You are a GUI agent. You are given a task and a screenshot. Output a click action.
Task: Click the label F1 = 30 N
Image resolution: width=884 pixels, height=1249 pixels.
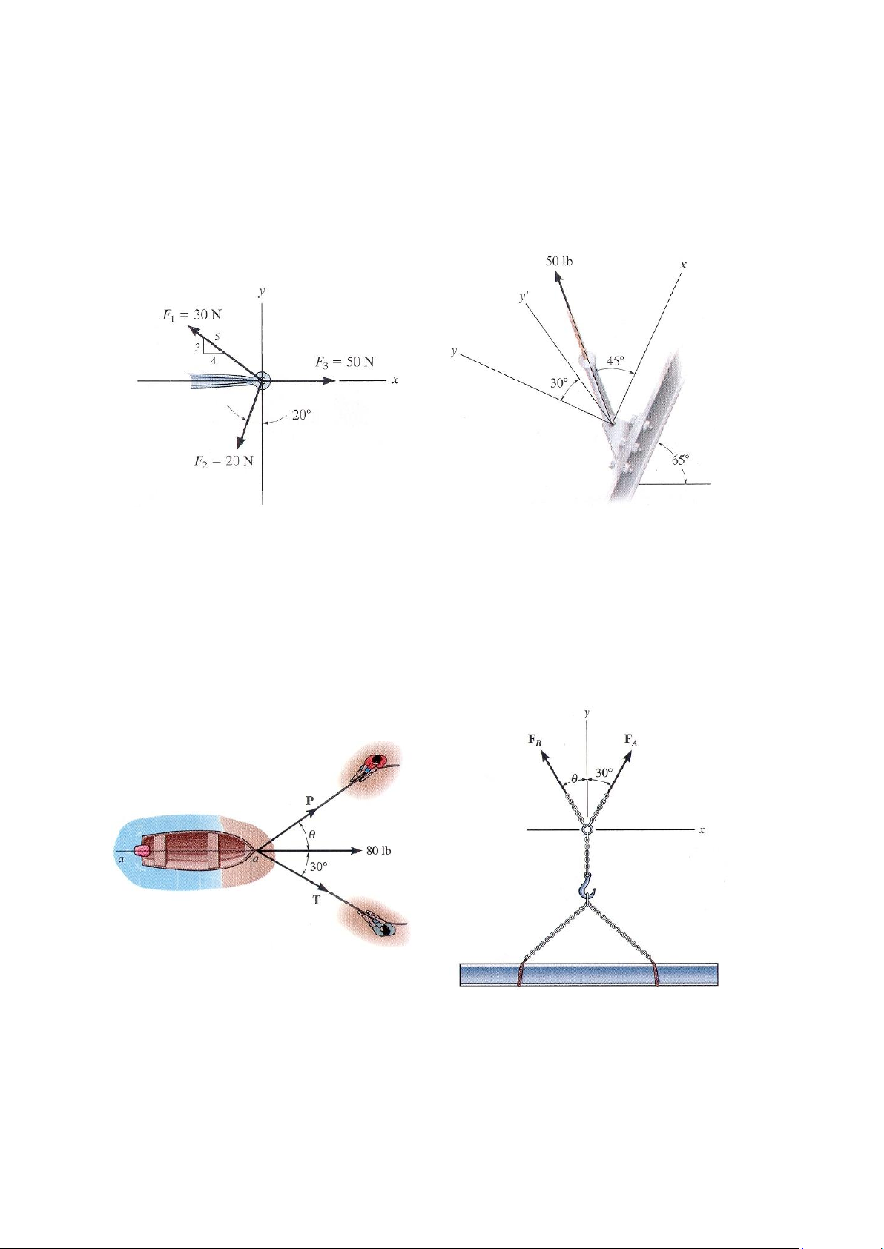(x=191, y=314)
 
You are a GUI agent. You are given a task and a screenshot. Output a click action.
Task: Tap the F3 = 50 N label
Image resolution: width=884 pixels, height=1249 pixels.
(x=345, y=362)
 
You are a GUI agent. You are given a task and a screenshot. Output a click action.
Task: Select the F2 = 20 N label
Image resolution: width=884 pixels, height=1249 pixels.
(x=224, y=461)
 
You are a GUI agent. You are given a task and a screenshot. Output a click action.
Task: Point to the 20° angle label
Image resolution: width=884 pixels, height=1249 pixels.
(x=301, y=415)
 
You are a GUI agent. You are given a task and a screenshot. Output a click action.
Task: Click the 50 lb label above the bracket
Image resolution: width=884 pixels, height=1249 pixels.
(x=559, y=261)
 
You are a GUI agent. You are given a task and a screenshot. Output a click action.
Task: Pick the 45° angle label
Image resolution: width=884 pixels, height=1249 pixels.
(x=616, y=361)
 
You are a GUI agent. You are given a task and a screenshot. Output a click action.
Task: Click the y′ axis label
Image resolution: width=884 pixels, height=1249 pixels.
(x=523, y=298)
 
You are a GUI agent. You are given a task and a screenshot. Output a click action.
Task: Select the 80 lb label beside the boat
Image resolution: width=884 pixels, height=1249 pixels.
(x=379, y=851)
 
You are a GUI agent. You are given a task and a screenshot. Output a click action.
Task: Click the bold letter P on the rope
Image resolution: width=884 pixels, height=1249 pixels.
(x=310, y=801)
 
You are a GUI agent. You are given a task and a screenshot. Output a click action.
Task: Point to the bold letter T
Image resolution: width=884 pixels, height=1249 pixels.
(x=316, y=899)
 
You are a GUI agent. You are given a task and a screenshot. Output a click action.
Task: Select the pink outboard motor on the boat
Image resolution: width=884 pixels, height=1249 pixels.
(x=142, y=851)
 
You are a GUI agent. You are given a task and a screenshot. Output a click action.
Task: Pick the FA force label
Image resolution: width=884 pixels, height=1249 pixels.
(x=631, y=741)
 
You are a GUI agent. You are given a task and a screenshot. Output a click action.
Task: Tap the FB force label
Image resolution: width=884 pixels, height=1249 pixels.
(x=534, y=740)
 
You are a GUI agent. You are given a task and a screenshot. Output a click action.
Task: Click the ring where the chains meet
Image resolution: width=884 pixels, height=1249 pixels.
(x=587, y=830)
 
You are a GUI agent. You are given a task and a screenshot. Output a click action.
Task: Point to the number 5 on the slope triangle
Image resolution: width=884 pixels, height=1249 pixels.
(x=217, y=337)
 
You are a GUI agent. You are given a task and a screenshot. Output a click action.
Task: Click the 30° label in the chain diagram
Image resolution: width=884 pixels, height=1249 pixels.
(x=604, y=773)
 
